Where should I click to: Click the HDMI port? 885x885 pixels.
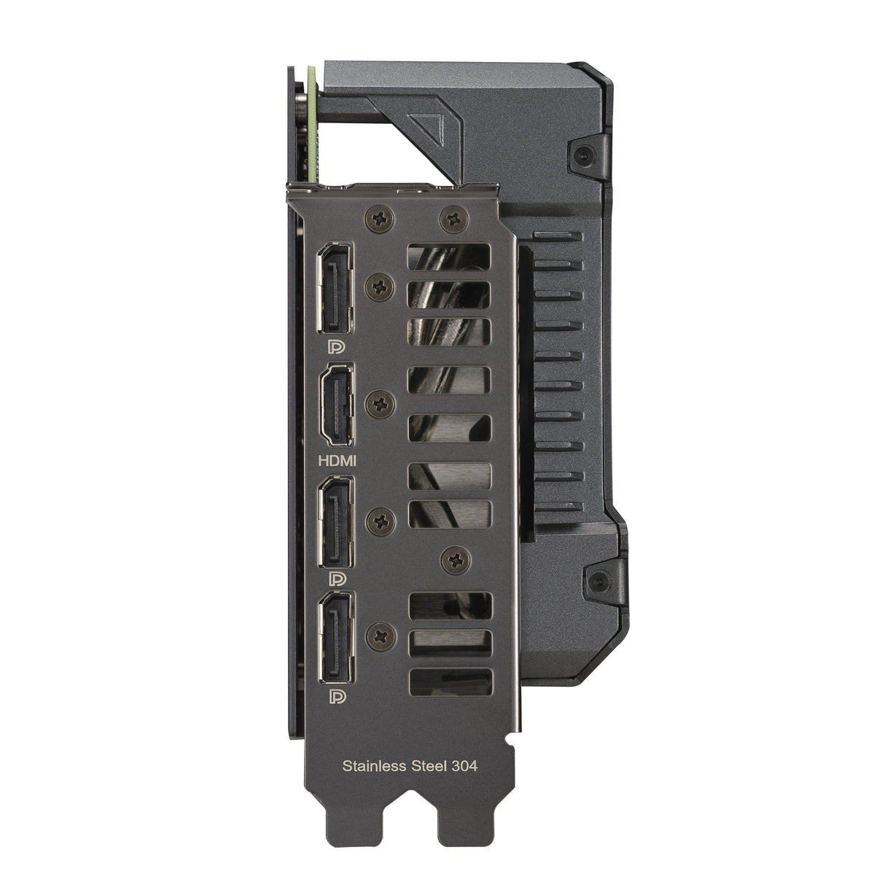(x=337, y=404)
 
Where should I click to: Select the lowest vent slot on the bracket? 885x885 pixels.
(x=451, y=682)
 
